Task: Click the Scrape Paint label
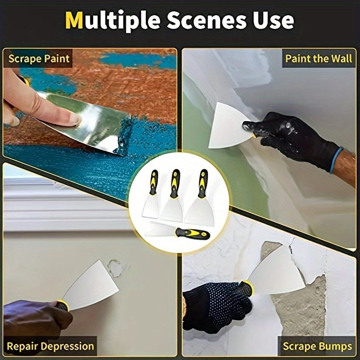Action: click(39, 58)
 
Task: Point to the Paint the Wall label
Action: click(319, 58)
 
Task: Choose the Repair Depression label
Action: click(50, 346)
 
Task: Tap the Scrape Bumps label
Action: click(317, 346)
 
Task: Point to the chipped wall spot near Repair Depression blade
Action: click(116, 269)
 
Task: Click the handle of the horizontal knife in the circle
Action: click(193, 234)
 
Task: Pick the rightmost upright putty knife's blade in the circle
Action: click(198, 209)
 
